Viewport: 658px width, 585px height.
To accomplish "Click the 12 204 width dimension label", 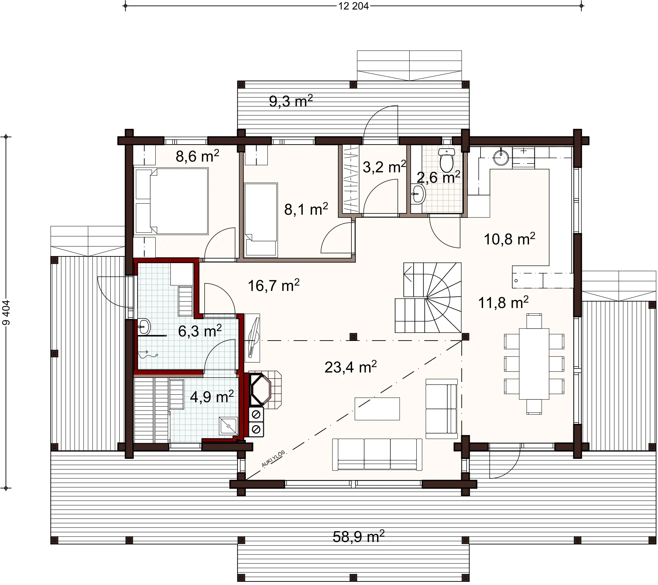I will click(353, 6).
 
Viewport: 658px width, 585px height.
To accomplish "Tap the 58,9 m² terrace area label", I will click(358, 537).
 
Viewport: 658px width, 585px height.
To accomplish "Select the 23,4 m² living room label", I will click(350, 367).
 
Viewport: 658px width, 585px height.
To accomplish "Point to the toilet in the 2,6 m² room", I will click(446, 161).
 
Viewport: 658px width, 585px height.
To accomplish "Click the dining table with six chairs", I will click(534, 364).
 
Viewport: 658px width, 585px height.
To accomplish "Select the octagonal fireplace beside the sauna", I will click(260, 389).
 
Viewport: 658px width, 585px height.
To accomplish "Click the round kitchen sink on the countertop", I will click(500, 157).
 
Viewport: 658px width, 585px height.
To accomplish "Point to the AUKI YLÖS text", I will click(273, 459).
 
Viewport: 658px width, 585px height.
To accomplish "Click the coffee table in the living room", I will click(377, 409).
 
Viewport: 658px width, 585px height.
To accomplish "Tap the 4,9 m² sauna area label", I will click(212, 397).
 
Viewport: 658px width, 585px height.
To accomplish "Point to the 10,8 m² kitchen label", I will click(509, 239).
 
